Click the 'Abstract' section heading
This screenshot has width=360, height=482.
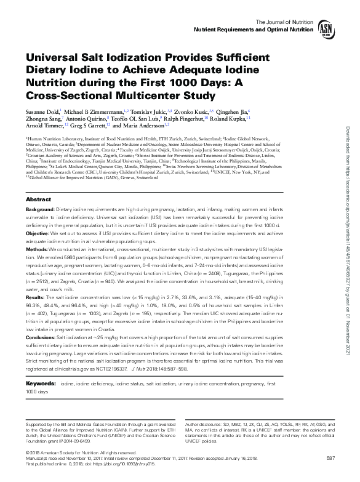point(38,200)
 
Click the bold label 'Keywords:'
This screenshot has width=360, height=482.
point(39,383)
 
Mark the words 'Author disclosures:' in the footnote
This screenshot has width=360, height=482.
point(202,425)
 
